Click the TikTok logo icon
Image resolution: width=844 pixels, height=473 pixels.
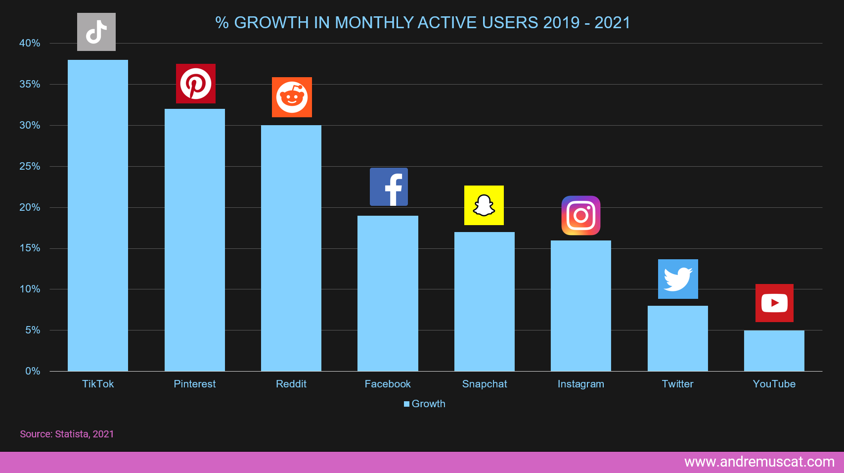96,32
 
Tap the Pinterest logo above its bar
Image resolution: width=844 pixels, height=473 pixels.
196,84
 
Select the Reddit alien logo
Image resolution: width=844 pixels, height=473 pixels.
292,97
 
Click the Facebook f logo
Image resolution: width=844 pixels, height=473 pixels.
389,187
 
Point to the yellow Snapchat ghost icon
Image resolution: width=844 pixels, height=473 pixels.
484,205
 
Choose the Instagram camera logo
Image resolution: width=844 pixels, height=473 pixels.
581,216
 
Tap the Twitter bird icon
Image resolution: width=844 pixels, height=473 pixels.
678,279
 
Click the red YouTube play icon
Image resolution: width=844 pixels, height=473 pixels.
774,303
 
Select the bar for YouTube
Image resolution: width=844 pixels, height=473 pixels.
774,351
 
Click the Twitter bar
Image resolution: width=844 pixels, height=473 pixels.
677,338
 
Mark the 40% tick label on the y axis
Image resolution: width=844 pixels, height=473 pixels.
30,43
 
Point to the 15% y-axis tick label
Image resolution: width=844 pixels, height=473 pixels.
30,248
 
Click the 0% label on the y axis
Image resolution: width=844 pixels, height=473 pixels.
33,371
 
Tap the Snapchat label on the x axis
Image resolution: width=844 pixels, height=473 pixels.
485,384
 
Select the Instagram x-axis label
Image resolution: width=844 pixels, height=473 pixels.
581,384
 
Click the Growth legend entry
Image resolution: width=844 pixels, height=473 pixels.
425,404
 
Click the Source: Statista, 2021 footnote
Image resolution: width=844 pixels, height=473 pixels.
67,434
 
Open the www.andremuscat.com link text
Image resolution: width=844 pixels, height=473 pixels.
759,462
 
